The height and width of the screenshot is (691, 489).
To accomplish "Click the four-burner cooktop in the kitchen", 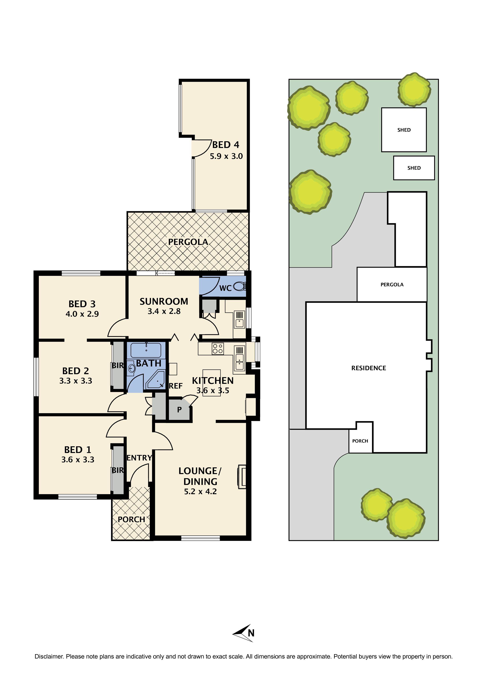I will [218, 349].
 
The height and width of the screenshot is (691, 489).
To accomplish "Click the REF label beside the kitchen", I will [176, 386].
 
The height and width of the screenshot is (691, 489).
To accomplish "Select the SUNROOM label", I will [164, 301].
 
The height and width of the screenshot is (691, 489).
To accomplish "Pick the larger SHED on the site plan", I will [404, 130].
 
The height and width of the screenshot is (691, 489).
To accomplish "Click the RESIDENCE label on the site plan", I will [369, 368].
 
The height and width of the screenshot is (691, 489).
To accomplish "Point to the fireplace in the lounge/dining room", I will [242, 477].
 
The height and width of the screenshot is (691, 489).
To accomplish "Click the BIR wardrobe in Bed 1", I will [118, 470].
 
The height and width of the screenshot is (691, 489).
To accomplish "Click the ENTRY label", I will [139, 458].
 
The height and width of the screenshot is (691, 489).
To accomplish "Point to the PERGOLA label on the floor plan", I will [188, 242].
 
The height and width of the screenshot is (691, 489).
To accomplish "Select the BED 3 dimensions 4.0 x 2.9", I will [82, 314].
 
